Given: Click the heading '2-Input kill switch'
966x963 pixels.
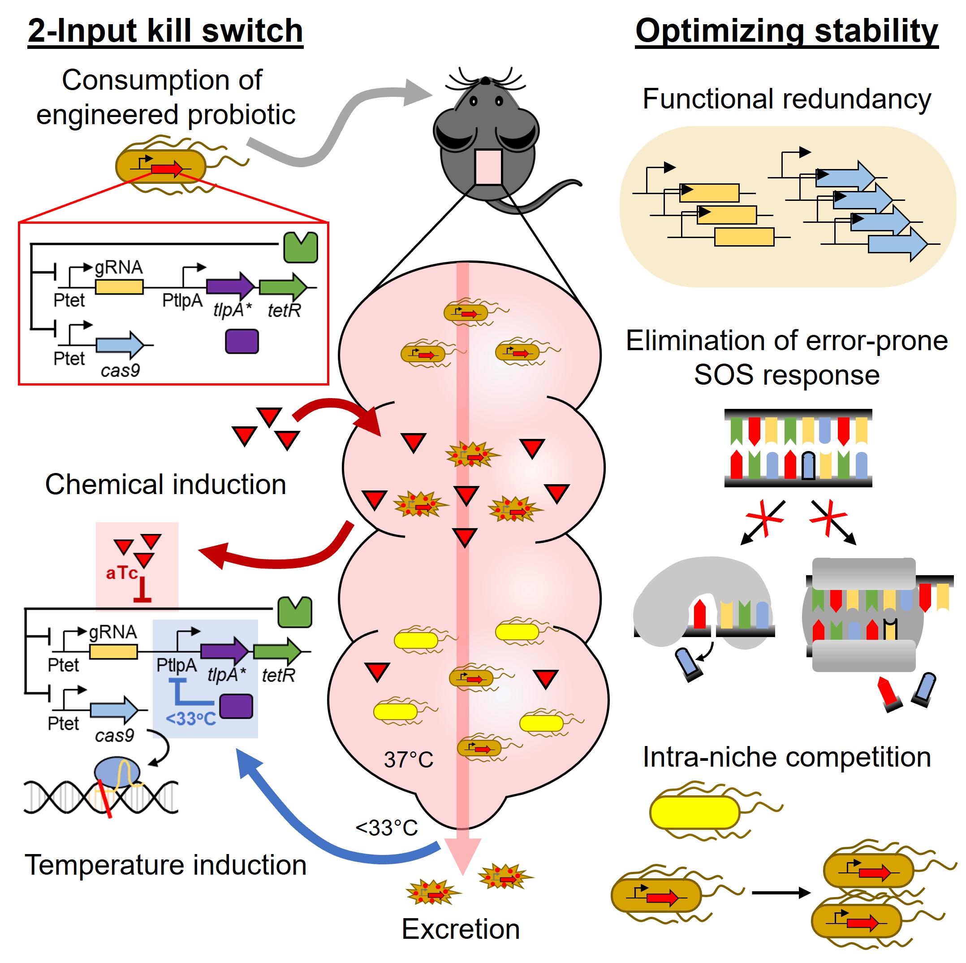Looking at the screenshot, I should click(165, 31).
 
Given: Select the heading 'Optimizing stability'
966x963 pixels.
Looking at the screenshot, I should click(786, 31).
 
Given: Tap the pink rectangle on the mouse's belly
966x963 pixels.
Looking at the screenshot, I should click(488, 167).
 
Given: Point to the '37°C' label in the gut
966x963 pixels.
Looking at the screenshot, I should click(408, 759).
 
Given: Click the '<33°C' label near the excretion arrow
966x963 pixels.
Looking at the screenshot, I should click(387, 828).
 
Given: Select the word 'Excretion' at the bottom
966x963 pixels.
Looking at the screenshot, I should click(461, 929).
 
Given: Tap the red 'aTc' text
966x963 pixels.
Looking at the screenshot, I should click(121, 573).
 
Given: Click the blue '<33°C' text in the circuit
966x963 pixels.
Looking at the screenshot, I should click(190, 719).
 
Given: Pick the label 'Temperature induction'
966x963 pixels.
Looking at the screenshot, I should click(165, 865).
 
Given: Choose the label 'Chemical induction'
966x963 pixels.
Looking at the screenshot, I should click(165, 484).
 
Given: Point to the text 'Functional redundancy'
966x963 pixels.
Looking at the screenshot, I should click(786, 99).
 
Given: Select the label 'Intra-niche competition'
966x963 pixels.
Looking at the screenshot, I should click(786, 757).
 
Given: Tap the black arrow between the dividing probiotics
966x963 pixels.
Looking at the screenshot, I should click(780, 893).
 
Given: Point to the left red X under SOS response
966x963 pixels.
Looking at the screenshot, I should click(764, 518).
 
